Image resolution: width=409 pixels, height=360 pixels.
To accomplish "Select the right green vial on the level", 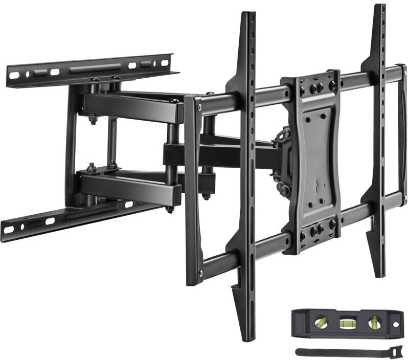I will click(375, 322).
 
